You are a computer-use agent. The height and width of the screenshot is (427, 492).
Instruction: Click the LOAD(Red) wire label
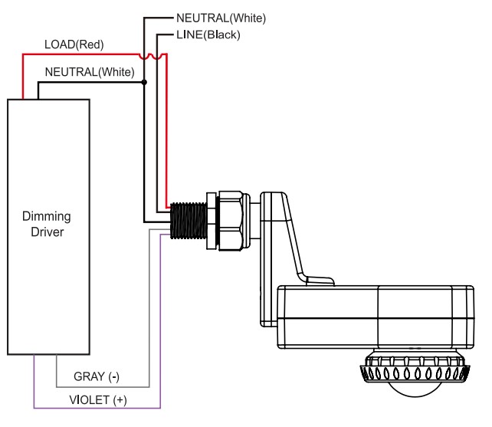(74, 44)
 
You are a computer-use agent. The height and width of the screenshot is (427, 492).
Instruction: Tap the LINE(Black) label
(208, 34)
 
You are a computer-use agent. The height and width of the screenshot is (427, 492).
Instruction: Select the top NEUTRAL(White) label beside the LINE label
(221, 18)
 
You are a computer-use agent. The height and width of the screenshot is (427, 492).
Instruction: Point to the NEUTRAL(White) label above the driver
(90, 72)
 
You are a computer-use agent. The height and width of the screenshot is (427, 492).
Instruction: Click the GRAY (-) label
(97, 376)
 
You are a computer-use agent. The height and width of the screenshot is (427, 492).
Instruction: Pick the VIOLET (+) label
(98, 400)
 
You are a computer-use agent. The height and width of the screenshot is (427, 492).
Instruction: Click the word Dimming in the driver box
(47, 217)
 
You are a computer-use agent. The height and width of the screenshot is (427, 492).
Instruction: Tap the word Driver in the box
(48, 232)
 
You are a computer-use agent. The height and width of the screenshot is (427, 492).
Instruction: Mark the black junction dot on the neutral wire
(144, 82)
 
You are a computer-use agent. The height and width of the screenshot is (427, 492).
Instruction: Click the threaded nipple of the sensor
(189, 221)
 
